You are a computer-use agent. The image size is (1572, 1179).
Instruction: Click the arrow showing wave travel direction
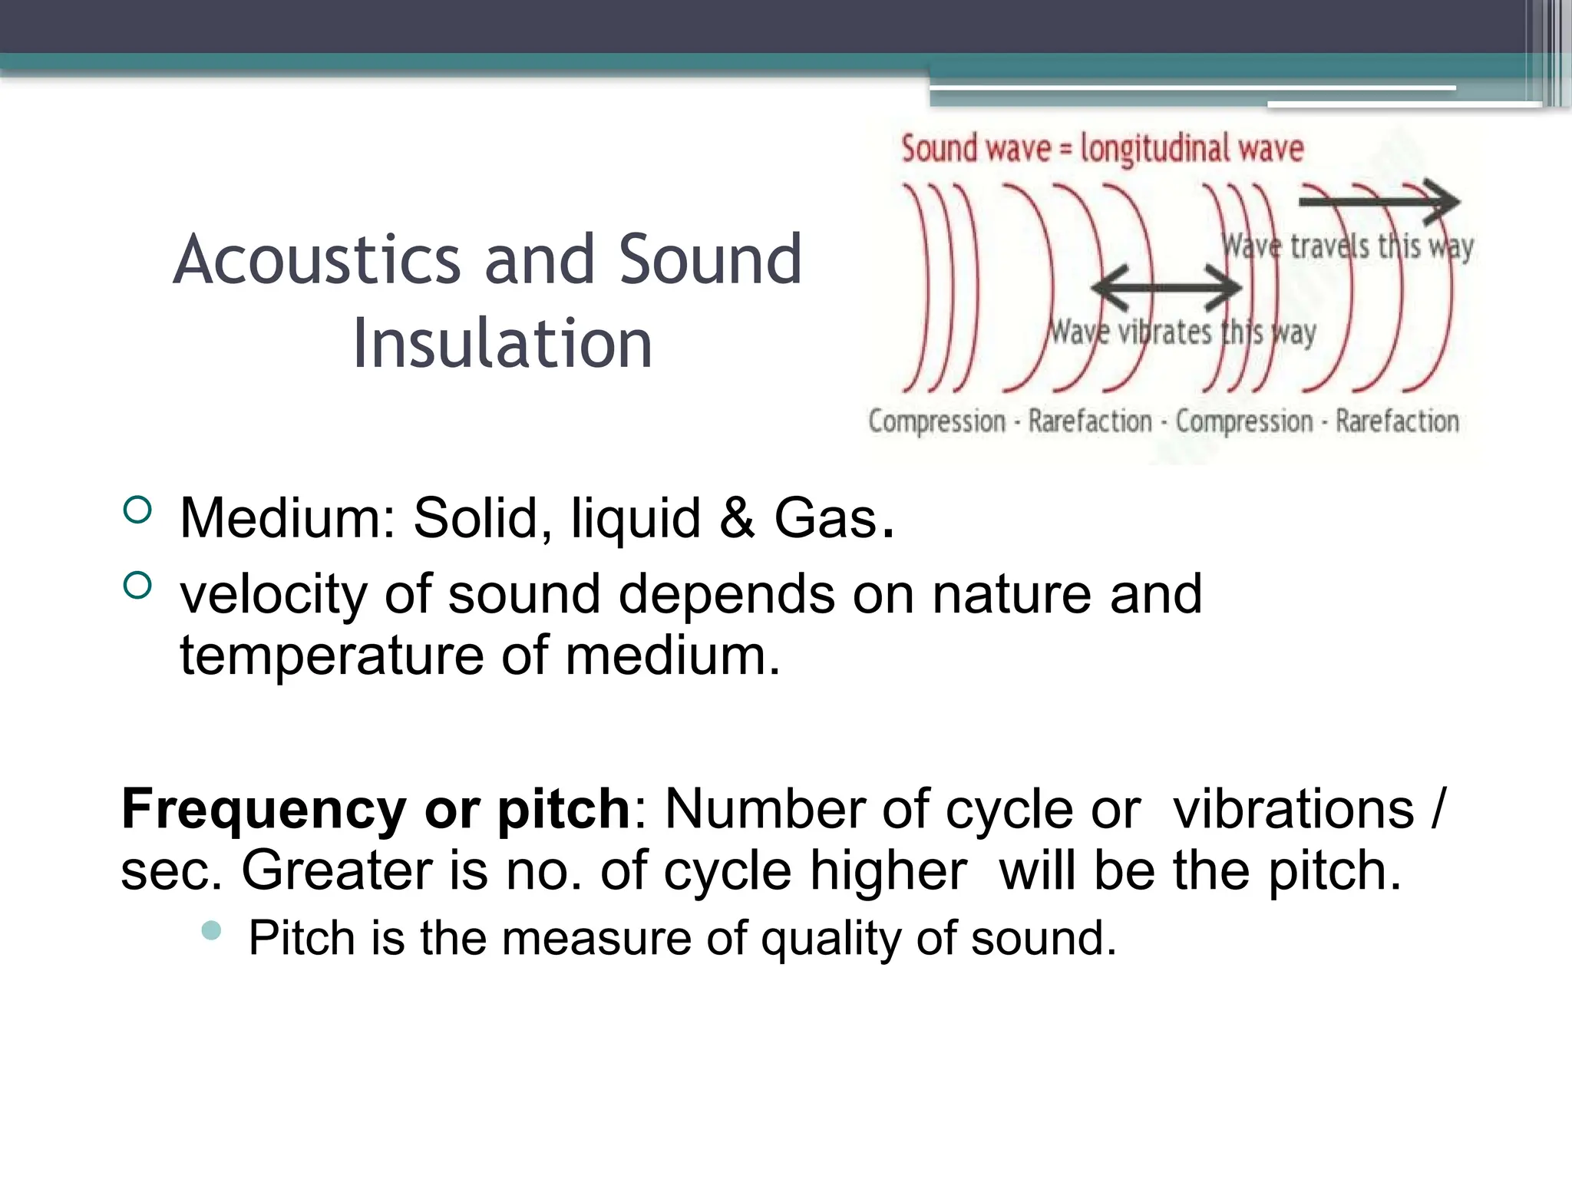(1379, 202)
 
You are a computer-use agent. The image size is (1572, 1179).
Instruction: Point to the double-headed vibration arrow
(1165, 289)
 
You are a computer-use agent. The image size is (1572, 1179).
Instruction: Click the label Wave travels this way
(1347, 247)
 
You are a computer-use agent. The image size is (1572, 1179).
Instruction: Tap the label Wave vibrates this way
(1182, 333)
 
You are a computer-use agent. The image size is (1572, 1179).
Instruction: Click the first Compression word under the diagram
(936, 421)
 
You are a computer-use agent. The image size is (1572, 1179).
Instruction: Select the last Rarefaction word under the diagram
(1397, 421)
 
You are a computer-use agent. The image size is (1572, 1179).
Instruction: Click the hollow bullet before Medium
(137, 510)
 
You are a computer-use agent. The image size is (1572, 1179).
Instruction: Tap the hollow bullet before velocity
(137, 586)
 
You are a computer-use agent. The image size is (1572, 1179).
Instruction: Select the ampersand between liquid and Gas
(737, 518)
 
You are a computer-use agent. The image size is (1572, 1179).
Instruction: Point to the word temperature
(332, 656)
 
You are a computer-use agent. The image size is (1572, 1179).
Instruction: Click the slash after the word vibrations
(1438, 809)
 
